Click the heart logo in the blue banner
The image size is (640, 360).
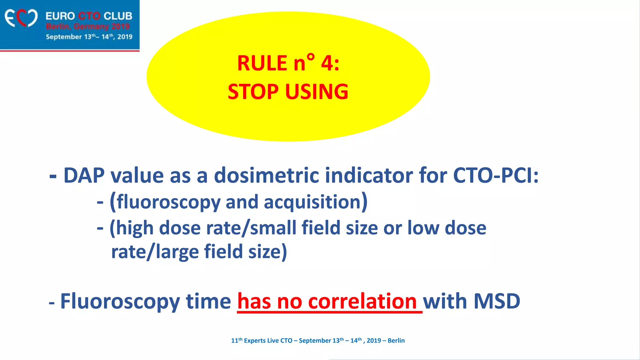point(21,18)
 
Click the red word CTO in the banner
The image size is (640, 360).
point(89,16)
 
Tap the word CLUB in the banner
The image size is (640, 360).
point(118,16)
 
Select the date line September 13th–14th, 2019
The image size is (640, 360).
point(89,37)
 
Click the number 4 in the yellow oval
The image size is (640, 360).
point(327,63)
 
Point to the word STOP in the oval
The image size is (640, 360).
point(253,92)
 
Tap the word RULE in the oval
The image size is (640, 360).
point(262,63)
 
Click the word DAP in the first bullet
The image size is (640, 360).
point(84,175)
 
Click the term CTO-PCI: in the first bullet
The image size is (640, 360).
point(496,175)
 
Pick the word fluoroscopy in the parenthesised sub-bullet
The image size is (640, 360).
point(169,202)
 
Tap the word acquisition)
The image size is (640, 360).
point(316,202)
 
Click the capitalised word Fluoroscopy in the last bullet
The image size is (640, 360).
point(120,302)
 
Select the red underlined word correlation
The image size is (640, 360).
point(362,302)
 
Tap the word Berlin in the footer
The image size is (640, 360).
point(396,341)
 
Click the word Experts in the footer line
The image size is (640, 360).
point(255,341)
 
